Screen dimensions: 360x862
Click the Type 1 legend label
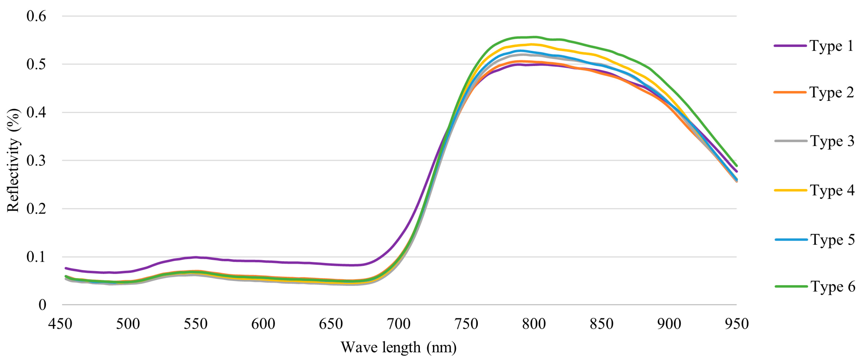(831, 46)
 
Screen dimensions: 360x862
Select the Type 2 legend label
(831, 92)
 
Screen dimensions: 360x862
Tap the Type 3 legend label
(832, 141)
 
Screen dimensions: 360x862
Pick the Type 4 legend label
(832, 190)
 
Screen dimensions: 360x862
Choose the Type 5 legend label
(832, 240)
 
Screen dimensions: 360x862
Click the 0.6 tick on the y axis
(36, 16)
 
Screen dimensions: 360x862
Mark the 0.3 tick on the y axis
(36, 160)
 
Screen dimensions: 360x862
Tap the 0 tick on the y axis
(42, 305)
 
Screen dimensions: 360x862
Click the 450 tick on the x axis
(60, 324)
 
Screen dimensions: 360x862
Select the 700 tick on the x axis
(398, 324)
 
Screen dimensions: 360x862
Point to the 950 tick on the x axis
(737, 324)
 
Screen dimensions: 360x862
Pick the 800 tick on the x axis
(534, 324)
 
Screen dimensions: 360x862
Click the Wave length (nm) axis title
(398, 347)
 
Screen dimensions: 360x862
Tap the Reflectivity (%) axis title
(13, 160)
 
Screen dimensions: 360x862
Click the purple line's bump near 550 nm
(196, 257)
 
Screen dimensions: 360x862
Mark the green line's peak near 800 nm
(534, 37)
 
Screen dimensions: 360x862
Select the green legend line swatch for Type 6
(791, 286)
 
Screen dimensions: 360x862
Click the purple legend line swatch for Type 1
(790, 46)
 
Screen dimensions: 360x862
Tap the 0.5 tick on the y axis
(36, 64)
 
